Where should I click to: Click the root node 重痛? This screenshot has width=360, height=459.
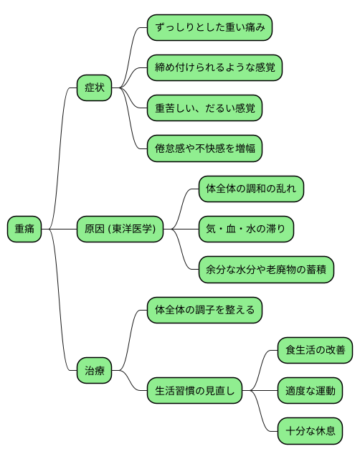(24, 229)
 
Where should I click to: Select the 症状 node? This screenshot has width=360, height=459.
(95, 87)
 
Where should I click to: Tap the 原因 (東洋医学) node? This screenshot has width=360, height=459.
(120, 229)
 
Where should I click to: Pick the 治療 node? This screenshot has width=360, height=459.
(95, 371)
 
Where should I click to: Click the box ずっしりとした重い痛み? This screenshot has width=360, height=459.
(209, 28)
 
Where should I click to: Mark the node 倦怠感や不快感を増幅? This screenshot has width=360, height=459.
(204, 148)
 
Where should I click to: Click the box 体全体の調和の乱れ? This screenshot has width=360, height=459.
(251, 189)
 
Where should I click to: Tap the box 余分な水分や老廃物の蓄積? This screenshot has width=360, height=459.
(265, 270)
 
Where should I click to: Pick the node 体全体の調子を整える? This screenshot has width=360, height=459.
(204, 311)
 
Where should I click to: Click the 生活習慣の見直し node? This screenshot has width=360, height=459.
(194, 391)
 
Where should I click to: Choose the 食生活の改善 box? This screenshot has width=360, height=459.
(315, 351)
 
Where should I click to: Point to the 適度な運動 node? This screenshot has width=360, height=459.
(310, 391)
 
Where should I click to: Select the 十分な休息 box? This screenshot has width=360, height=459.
(310, 431)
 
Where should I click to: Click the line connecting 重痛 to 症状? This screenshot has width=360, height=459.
(60, 143)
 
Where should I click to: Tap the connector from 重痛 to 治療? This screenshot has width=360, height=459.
(60, 316)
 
